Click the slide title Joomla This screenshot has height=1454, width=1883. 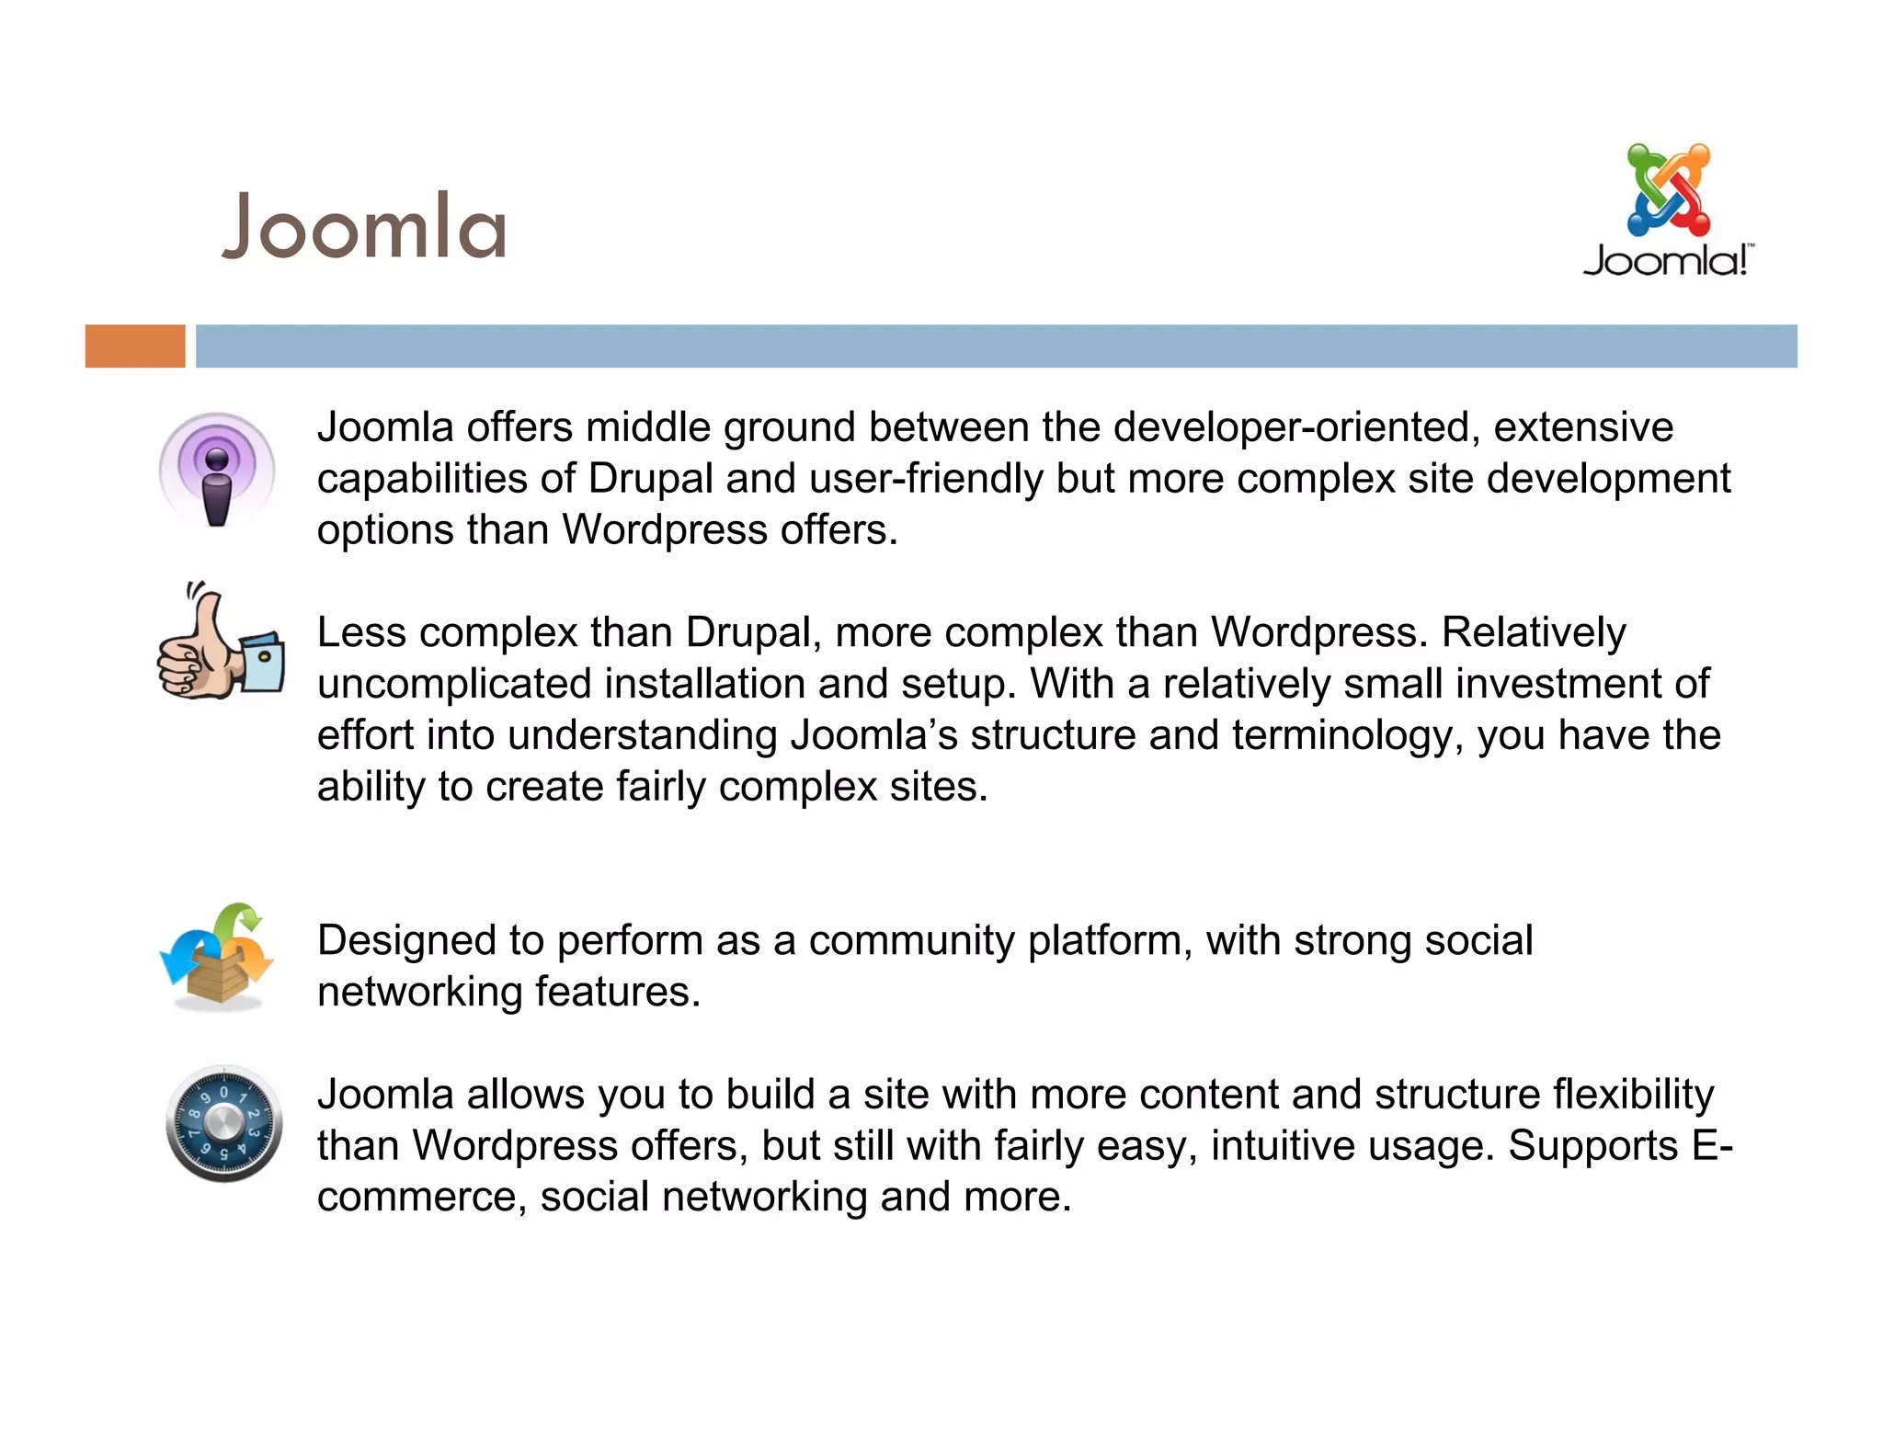(x=364, y=227)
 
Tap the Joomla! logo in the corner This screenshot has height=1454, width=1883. (x=1667, y=210)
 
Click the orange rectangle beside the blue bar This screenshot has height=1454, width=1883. (x=135, y=346)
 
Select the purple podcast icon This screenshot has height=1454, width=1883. (x=217, y=470)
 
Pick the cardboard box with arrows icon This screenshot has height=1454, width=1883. (x=217, y=958)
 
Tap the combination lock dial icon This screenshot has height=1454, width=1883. (x=223, y=1123)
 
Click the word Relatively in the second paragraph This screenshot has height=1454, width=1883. (x=1533, y=632)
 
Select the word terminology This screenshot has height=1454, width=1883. (x=1347, y=735)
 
